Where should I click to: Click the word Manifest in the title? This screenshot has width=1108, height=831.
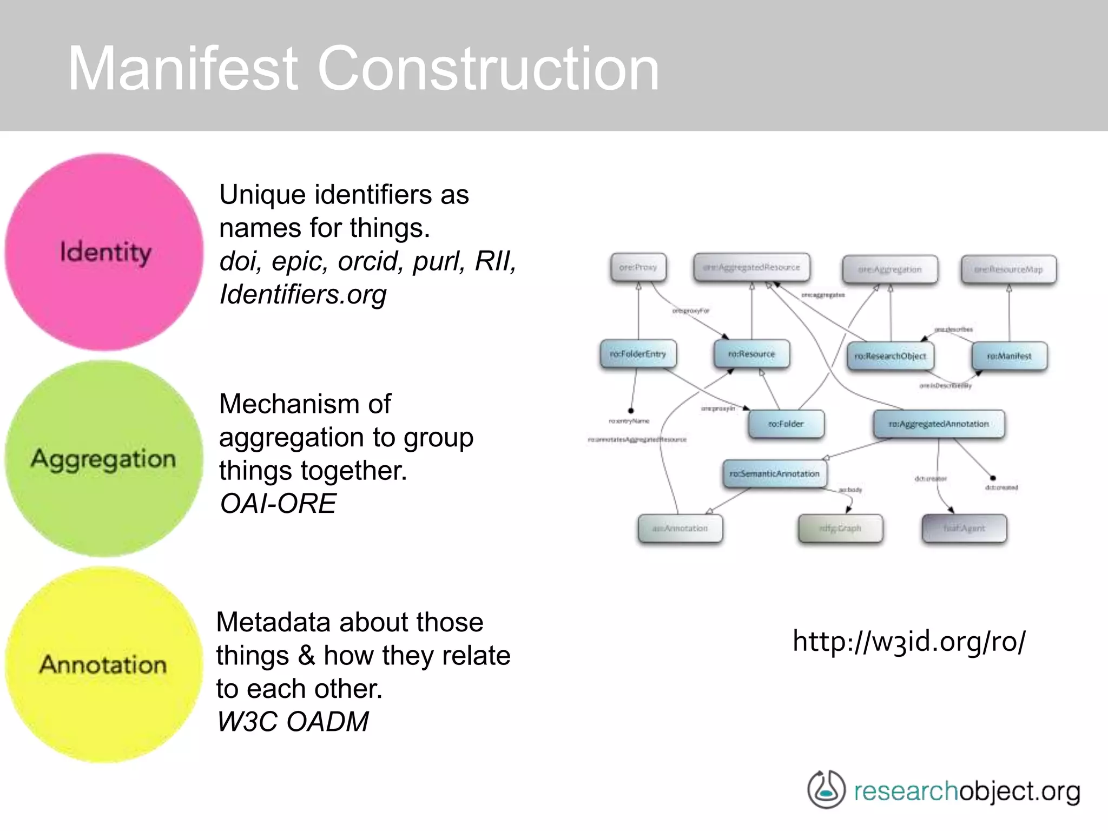pos(182,69)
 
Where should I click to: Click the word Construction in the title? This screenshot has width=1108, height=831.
pos(488,69)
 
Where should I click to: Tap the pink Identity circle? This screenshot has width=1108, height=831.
pos(104,252)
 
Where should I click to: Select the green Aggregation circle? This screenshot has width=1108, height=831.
pos(104,459)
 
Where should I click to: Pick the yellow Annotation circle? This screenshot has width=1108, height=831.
pos(103,665)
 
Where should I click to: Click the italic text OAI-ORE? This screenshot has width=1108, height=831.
pos(278,504)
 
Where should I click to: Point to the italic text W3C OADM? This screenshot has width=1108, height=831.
pos(293,722)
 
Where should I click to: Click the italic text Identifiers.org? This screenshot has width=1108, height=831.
pos(303,294)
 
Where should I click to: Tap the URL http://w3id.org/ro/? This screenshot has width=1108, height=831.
pos(908,642)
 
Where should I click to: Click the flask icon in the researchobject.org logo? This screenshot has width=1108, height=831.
pos(826,790)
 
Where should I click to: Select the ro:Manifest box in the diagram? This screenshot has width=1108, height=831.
pos(1009,356)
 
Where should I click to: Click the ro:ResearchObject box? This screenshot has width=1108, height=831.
pos(890,356)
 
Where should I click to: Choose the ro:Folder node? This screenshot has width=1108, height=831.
pos(786,424)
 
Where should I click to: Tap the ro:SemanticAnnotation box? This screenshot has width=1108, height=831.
pos(774,473)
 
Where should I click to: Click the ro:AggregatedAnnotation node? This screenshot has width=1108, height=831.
pos(939,424)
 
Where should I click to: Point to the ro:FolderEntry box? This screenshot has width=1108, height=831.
pos(638,354)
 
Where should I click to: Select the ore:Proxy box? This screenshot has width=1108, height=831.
pos(638,267)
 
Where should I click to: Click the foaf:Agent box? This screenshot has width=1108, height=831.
pos(964,528)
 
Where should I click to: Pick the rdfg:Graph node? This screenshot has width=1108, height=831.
pos(840,528)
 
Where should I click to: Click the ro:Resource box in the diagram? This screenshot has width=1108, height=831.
pos(751,354)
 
